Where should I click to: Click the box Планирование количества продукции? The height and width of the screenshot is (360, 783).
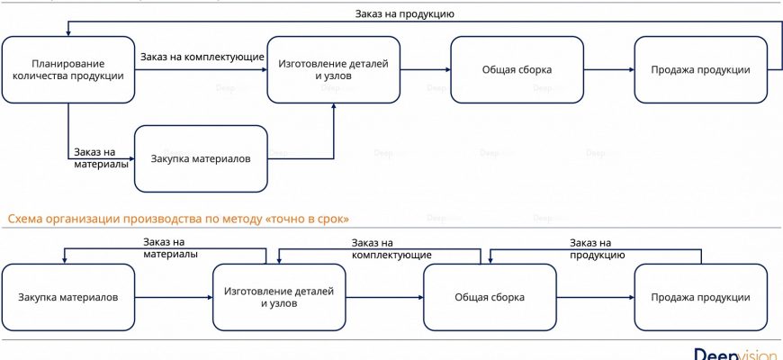[x=68, y=70]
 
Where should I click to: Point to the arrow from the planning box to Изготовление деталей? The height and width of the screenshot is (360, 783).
[x=202, y=70]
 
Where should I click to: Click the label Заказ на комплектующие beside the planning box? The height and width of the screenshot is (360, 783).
[x=202, y=58]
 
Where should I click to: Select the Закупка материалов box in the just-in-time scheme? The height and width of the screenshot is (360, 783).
[x=67, y=298]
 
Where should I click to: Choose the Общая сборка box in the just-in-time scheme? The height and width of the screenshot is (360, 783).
[x=489, y=298]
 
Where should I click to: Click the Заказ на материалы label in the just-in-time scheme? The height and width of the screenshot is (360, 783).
[x=170, y=247]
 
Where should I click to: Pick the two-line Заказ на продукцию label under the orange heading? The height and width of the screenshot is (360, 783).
[x=596, y=247]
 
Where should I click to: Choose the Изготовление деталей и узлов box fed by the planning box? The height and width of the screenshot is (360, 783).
[x=333, y=70]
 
